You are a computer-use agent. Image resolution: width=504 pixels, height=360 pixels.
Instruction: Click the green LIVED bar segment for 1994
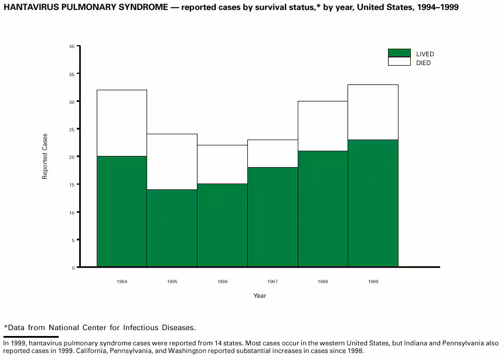(x=121, y=211)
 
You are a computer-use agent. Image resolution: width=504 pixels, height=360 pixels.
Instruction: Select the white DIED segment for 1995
(x=172, y=162)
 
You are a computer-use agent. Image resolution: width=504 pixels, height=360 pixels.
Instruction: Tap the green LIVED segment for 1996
(x=222, y=225)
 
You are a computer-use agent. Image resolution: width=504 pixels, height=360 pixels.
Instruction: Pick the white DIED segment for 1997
(x=273, y=153)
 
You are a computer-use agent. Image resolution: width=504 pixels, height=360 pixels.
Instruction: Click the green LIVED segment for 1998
(x=323, y=209)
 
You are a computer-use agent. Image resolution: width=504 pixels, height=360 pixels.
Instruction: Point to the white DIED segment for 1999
(x=373, y=112)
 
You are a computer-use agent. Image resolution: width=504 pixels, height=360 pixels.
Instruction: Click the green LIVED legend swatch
(x=399, y=53)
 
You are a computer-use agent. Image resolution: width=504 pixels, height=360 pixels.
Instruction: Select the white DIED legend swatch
(x=399, y=62)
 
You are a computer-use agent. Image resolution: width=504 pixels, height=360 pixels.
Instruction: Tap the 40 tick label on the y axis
(x=71, y=46)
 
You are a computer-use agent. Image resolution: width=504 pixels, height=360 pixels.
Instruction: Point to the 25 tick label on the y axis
(x=71, y=129)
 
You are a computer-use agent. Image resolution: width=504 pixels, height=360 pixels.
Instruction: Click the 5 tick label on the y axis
(x=73, y=240)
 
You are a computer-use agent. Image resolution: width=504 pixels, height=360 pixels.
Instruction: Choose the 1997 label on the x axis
(x=273, y=282)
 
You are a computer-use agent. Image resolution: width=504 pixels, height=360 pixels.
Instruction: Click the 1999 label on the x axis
(x=373, y=282)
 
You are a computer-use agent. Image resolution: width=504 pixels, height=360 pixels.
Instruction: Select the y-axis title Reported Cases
(x=45, y=157)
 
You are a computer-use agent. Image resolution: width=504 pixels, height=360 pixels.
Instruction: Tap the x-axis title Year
(x=260, y=296)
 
